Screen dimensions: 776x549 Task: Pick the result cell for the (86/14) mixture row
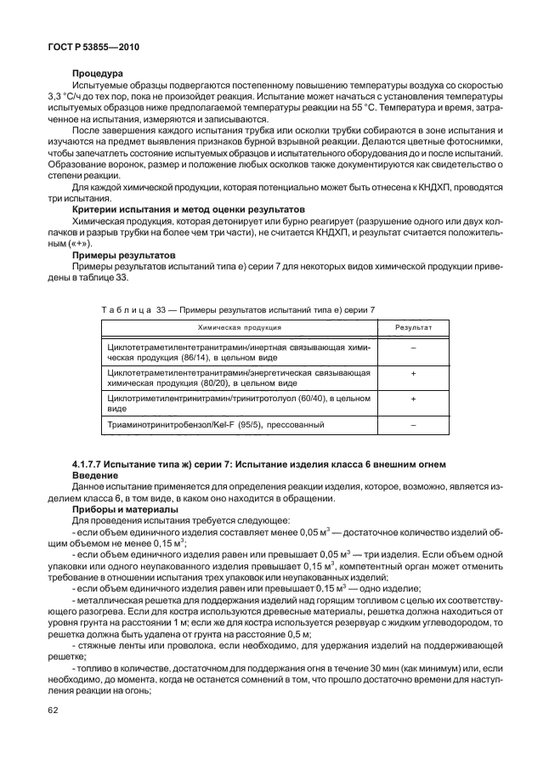pyautogui.click(x=414, y=348)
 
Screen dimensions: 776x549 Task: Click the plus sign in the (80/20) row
pyautogui.click(x=414, y=372)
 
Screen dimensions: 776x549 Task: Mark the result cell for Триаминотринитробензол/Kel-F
pyautogui.click(x=414, y=423)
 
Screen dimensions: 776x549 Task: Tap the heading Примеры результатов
pyautogui.click(x=123, y=254)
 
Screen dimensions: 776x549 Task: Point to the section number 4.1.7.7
pyautogui.click(x=90, y=462)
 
